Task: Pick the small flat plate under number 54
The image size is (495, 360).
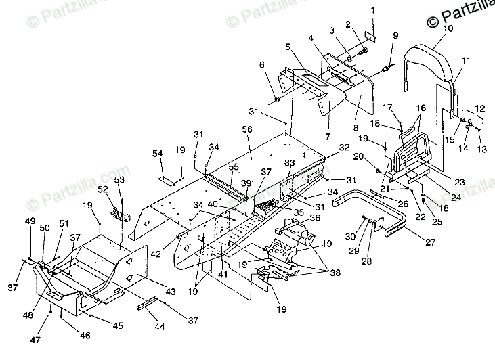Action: [166, 180]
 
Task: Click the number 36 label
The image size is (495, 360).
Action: [314, 218]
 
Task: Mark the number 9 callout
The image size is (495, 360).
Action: [395, 35]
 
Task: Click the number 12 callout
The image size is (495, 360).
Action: [480, 109]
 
